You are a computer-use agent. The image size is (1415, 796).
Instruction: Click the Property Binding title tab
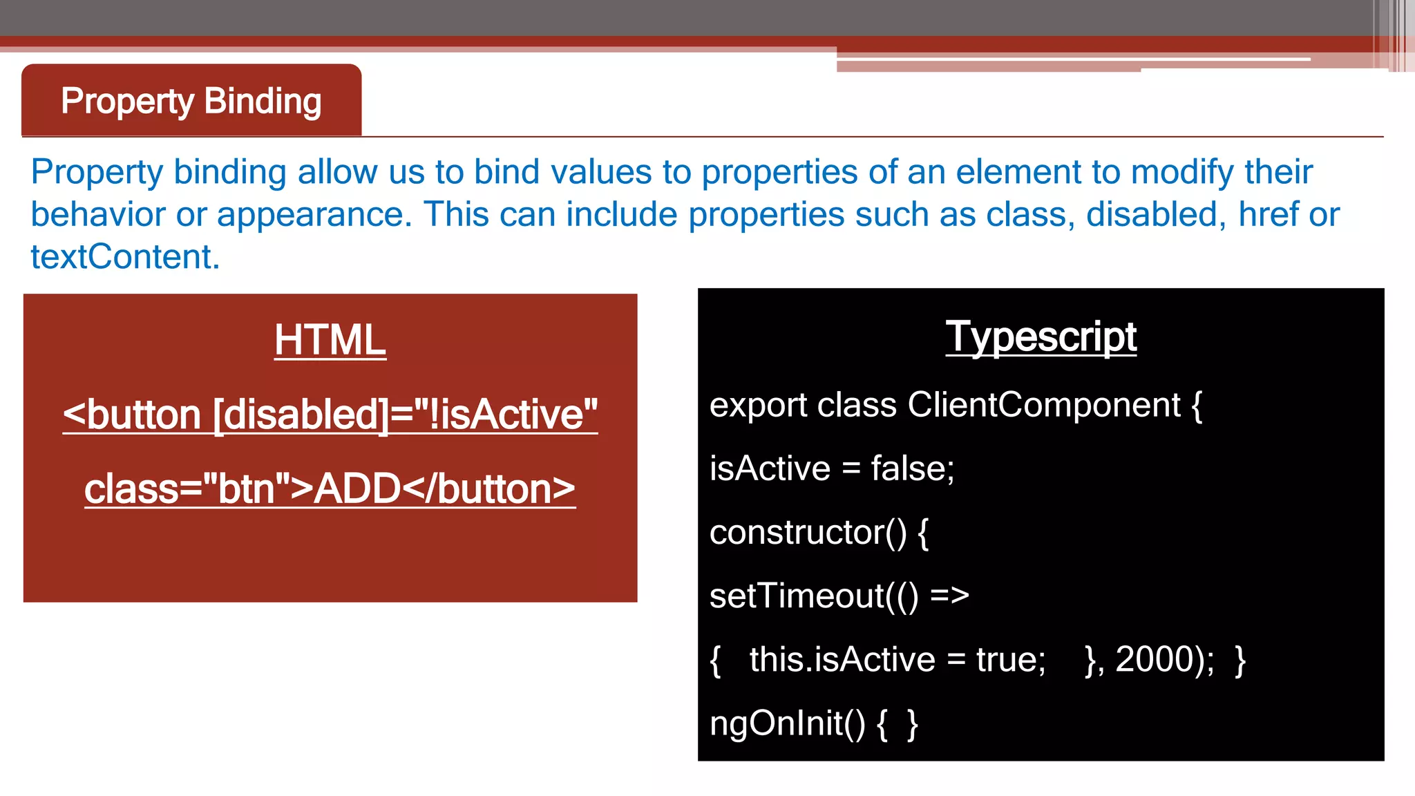[x=191, y=102]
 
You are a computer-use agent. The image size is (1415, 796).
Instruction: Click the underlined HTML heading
[x=330, y=340]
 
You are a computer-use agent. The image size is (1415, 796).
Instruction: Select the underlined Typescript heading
[x=1041, y=337]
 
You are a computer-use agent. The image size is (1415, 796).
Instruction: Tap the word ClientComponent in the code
[x=1043, y=405]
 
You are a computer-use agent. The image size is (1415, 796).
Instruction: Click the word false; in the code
[x=912, y=469]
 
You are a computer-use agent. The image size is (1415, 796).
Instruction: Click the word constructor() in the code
[x=808, y=533]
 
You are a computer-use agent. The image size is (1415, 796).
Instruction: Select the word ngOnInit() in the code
[x=787, y=723]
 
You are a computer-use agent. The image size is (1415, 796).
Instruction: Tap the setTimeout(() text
[x=814, y=596]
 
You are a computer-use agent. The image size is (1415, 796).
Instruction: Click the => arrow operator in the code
[x=949, y=596]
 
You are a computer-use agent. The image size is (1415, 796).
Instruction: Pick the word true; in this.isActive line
[x=1010, y=660]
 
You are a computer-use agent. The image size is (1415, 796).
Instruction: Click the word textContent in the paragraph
[x=124, y=257]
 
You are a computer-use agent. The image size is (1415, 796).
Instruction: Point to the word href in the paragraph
[x=1269, y=214]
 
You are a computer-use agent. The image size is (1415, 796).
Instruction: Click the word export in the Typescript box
[x=757, y=406]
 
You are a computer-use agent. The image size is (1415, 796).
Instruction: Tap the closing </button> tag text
[x=488, y=489]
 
